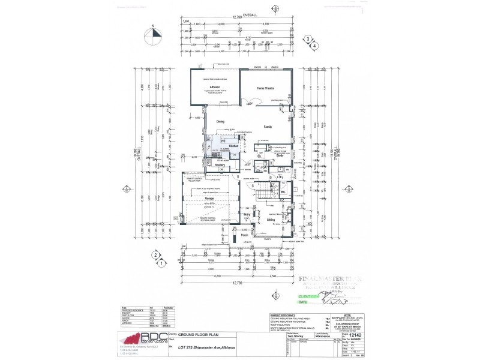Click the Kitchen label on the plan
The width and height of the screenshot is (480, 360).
click(x=234, y=146)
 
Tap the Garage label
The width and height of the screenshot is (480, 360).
click(x=210, y=197)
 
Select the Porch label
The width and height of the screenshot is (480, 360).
click(x=244, y=235)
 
